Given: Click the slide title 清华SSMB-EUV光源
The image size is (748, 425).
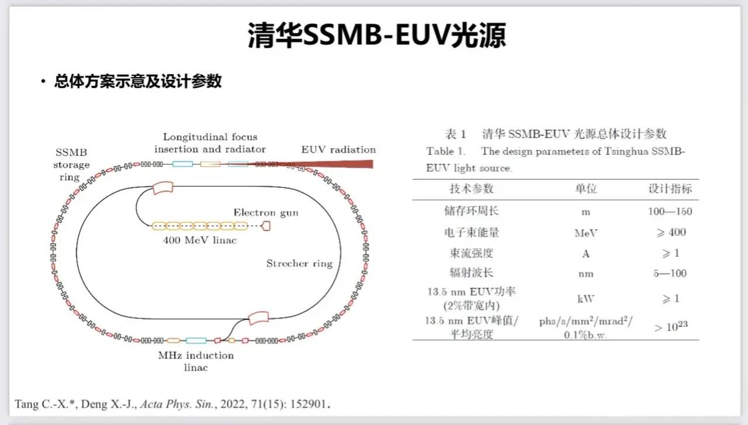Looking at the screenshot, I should click(374, 35).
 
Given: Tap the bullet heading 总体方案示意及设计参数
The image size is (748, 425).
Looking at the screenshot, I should click(138, 81).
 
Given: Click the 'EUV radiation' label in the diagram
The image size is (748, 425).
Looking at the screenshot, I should click(338, 149).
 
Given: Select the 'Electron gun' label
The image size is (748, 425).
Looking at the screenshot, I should click(266, 212).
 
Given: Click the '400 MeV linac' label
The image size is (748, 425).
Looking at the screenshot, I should click(200, 240).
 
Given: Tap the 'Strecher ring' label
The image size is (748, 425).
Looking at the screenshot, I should click(299, 263).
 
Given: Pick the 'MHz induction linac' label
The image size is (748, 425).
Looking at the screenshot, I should click(196, 361).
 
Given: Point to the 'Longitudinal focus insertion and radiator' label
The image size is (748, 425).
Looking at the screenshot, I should click(210, 143).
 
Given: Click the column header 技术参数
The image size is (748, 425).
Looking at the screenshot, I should click(471, 189).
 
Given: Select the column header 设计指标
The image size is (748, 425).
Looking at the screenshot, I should click(670, 189).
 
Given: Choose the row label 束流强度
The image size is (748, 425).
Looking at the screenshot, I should click(471, 253).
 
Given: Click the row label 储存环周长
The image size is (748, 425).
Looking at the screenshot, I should click(471, 211).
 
